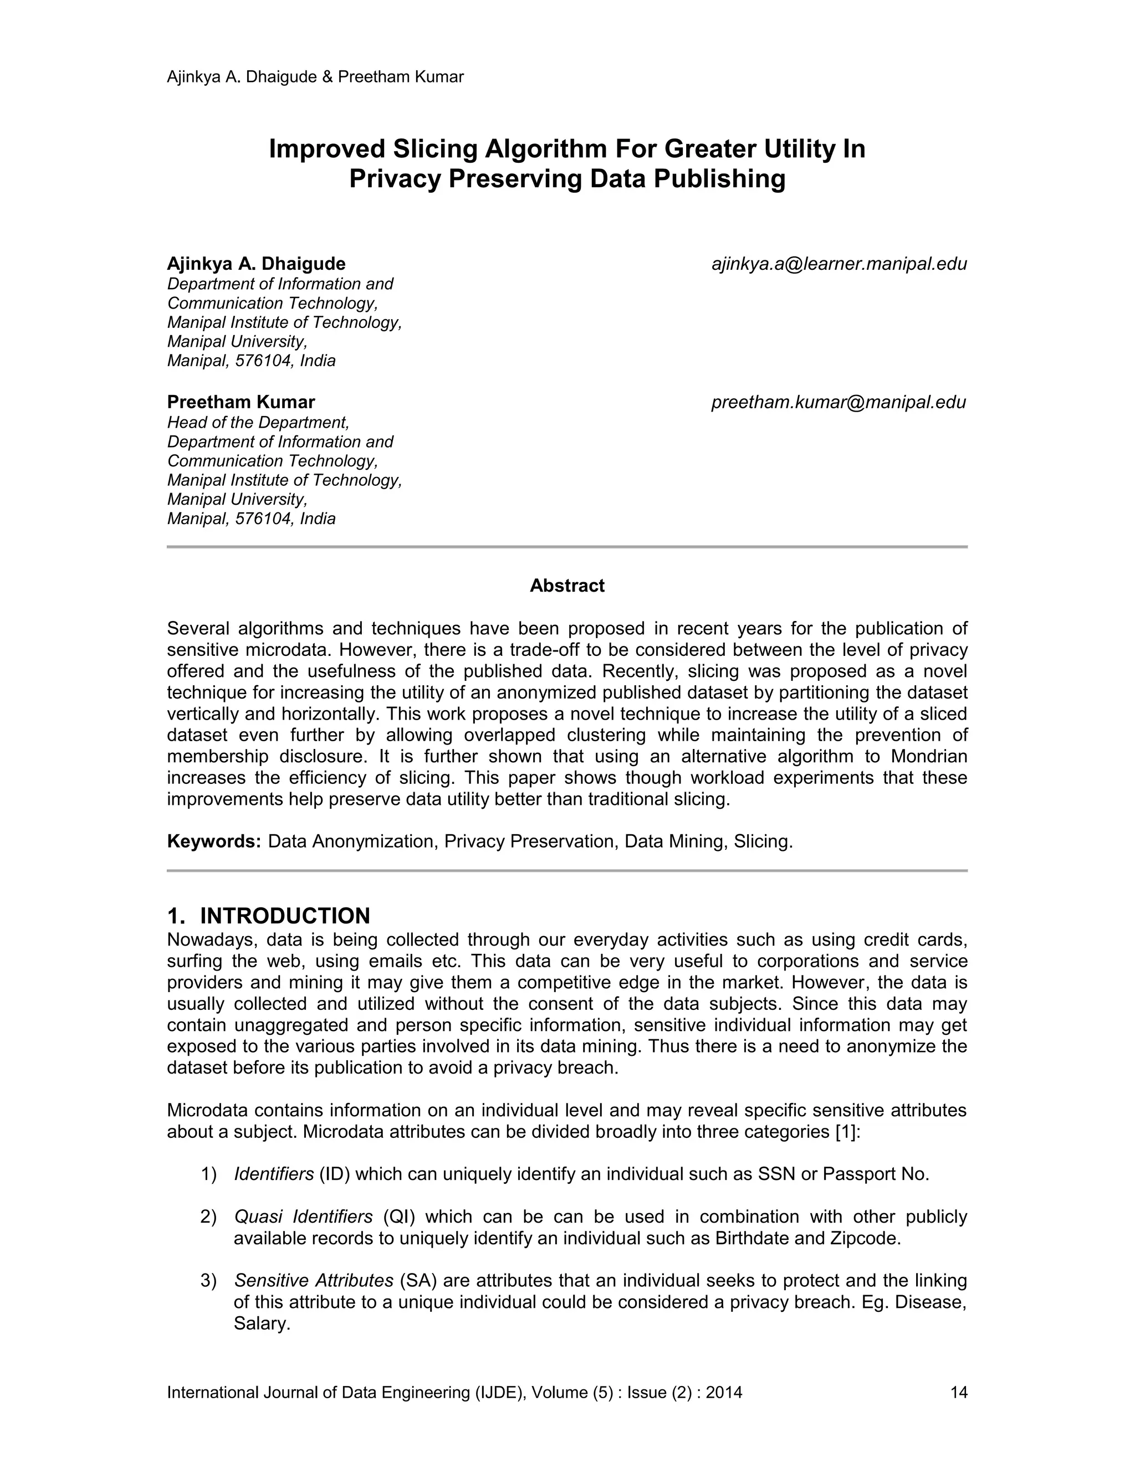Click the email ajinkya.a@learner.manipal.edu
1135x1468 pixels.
[839, 264]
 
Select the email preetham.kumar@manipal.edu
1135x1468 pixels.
[839, 403]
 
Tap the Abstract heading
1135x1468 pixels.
[567, 586]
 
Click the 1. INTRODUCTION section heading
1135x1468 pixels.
[268, 916]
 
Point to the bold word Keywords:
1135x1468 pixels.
[214, 841]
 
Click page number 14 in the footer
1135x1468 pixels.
[958, 1392]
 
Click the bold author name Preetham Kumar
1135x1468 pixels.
[241, 403]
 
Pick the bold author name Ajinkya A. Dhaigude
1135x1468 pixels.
[256, 264]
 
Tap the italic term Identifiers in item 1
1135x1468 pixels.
[274, 1174]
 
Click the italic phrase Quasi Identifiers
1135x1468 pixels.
[303, 1217]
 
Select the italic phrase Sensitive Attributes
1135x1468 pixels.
[313, 1280]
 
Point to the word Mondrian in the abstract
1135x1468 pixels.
[929, 756]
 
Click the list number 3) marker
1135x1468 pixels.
[208, 1280]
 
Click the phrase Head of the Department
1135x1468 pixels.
[258, 422]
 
